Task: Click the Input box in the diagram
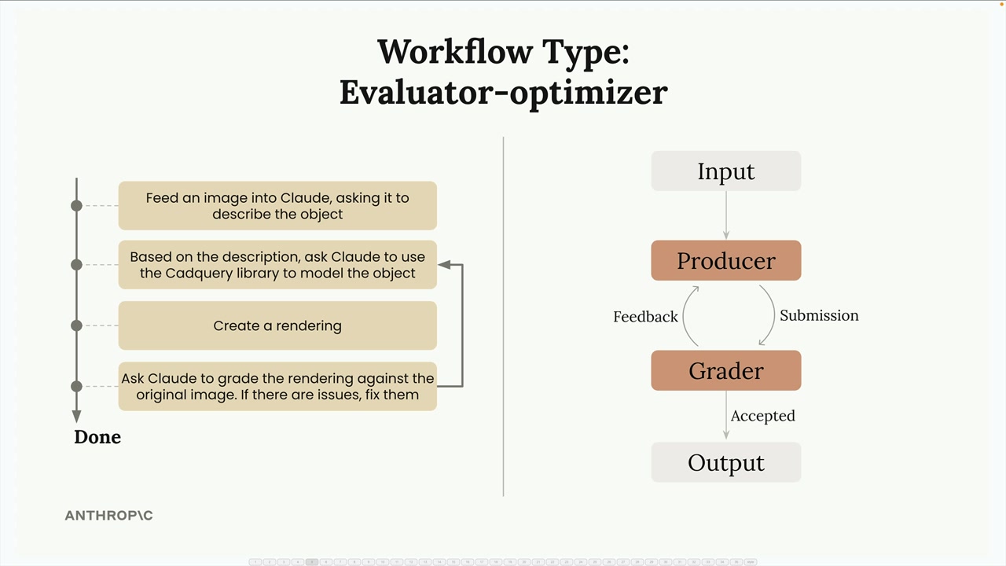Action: tap(725, 171)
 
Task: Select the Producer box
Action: tap(725, 260)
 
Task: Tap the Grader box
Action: tap(725, 370)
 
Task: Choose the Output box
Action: tap(725, 462)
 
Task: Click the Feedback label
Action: tap(645, 317)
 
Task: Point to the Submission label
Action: tap(819, 315)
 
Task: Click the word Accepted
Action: tap(762, 416)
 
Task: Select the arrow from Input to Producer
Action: tap(725, 215)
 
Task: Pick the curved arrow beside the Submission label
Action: tap(774, 314)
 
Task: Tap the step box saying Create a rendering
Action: tap(277, 325)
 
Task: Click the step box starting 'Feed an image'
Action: tap(277, 206)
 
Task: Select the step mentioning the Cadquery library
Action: tap(277, 265)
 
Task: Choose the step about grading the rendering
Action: tap(277, 386)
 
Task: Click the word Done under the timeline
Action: tap(97, 437)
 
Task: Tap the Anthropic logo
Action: tap(108, 515)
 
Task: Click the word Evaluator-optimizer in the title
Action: tap(504, 93)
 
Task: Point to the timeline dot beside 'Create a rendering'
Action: tap(77, 325)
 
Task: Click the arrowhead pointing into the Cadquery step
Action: tap(444, 265)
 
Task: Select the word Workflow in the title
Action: tap(455, 52)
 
